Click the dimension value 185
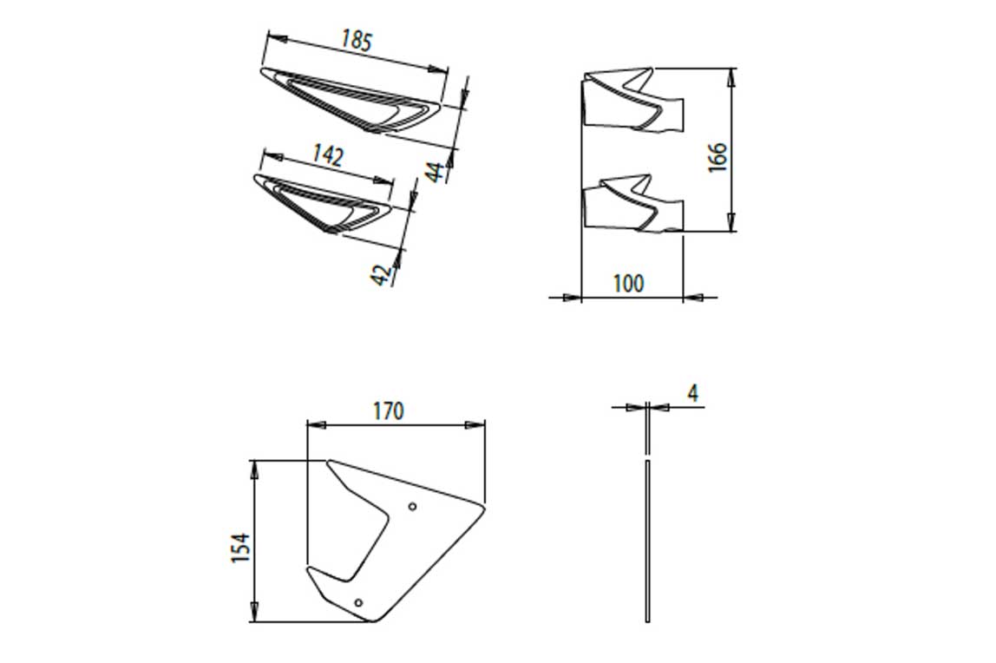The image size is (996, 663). coord(357,40)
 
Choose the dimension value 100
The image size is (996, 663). coord(628,283)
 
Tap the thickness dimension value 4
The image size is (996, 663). coord(692,393)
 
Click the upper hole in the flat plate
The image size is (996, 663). coord(412,506)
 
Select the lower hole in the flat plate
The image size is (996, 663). coord(358,601)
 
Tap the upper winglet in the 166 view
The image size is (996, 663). coord(632,101)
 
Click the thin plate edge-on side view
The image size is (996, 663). coord(647,538)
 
